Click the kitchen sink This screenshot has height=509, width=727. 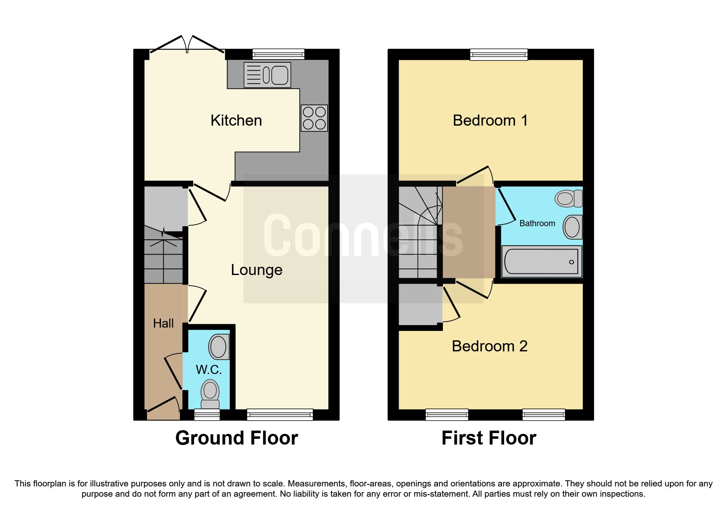click(267, 75)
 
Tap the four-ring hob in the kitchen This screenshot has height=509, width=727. click(314, 118)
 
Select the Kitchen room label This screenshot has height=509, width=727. click(236, 120)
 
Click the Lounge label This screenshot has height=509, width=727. click(257, 270)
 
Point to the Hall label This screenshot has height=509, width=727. click(163, 323)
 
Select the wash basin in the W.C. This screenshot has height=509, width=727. click(218, 347)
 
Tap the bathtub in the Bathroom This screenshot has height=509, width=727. click(541, 261)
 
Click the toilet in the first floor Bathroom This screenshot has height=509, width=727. click(569, 199)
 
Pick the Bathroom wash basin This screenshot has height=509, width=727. click(572, 227)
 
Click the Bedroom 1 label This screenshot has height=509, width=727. click(490, 120)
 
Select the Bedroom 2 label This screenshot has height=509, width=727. click(489, 346)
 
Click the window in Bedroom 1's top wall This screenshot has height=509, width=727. click(499, 54)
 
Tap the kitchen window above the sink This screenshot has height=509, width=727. click(278, 54)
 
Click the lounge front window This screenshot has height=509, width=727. click(280, 415)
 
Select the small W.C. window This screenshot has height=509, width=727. click(207, 415)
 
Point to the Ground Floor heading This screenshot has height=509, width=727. click(236, 438)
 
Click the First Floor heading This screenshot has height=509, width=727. click(488, 438)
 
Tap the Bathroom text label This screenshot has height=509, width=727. click(537, 223)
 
